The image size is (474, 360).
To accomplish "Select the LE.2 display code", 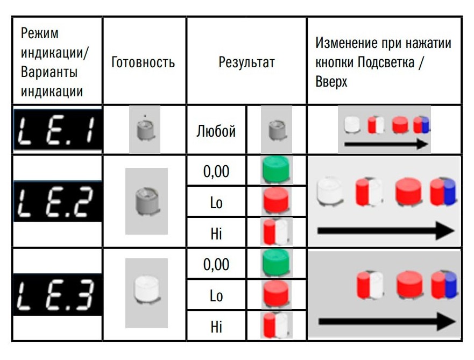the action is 58,202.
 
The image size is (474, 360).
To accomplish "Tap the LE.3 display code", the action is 58,295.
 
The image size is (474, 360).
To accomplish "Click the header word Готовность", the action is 143,62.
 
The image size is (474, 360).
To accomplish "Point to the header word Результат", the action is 246,62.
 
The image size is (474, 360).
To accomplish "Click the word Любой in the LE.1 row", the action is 216,131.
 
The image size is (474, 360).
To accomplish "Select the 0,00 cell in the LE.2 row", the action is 216,171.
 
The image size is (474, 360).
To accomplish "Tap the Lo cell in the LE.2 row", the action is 216,202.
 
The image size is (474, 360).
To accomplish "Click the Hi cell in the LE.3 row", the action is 216,327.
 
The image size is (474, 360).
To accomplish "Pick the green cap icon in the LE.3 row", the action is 276,263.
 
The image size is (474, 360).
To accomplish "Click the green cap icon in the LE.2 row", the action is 276,170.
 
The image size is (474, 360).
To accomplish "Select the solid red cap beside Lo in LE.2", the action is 276,201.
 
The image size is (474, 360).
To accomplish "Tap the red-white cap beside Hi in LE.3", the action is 277,325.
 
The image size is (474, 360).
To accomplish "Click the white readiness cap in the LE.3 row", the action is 147,290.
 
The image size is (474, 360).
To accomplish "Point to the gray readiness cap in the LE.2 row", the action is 147,201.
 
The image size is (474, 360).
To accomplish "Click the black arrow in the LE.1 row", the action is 386,144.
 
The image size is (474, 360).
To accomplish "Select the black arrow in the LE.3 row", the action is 387,321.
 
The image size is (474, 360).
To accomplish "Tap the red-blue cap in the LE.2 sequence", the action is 443,192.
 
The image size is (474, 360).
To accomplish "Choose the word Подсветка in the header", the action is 386,62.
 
